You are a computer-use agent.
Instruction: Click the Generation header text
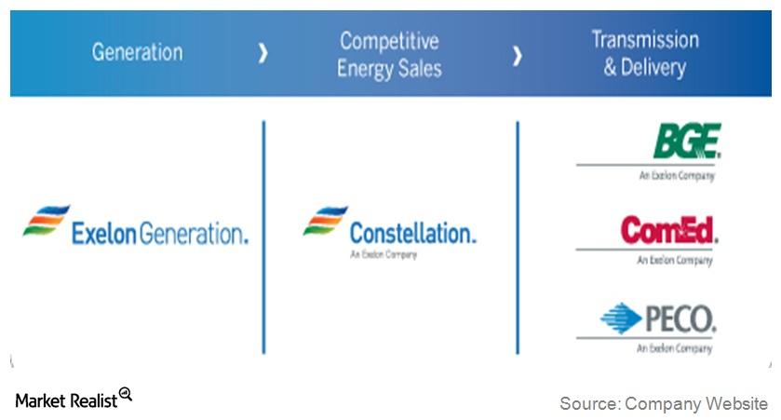136,53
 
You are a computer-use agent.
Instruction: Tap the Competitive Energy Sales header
389,54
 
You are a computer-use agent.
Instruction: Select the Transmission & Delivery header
644,53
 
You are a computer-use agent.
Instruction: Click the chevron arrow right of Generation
263,54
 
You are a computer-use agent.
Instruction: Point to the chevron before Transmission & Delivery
517,55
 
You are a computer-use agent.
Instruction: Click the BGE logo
686,141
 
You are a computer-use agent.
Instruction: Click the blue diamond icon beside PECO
621,318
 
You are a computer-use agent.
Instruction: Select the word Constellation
412,233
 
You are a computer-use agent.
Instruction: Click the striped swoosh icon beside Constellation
325,221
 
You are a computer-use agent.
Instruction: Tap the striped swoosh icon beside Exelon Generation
46,221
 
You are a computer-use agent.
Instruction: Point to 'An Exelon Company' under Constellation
384,254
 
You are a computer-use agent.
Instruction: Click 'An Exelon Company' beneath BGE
676,175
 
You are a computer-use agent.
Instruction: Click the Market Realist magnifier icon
126,395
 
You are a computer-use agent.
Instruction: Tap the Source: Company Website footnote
663,403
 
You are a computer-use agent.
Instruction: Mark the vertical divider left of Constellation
263,237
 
